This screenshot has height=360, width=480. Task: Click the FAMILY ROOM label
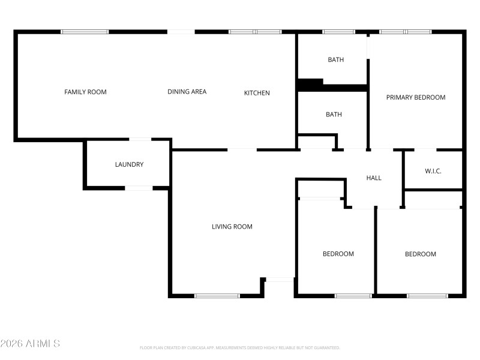85,92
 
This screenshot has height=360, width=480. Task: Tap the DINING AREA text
187,92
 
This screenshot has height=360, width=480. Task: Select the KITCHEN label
257,93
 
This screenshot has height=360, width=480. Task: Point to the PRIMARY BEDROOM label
416,97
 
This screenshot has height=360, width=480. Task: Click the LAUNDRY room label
129,164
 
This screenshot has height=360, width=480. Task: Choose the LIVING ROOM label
232,227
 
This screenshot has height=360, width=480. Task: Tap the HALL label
374,178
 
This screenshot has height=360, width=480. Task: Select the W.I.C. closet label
433,172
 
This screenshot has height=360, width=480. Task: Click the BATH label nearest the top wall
335,59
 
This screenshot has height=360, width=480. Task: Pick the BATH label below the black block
334,115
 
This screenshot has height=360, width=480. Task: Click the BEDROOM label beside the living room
338,254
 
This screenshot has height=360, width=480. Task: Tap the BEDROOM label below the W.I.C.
421,254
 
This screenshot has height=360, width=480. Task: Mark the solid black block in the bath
310,84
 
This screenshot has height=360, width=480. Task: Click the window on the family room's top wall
85,32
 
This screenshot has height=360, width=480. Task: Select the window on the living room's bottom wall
217,296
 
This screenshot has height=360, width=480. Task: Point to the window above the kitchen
255,32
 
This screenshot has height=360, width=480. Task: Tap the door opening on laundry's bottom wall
139,188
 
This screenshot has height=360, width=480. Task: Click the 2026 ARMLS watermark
30,344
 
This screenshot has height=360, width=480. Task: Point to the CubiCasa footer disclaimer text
240,347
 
